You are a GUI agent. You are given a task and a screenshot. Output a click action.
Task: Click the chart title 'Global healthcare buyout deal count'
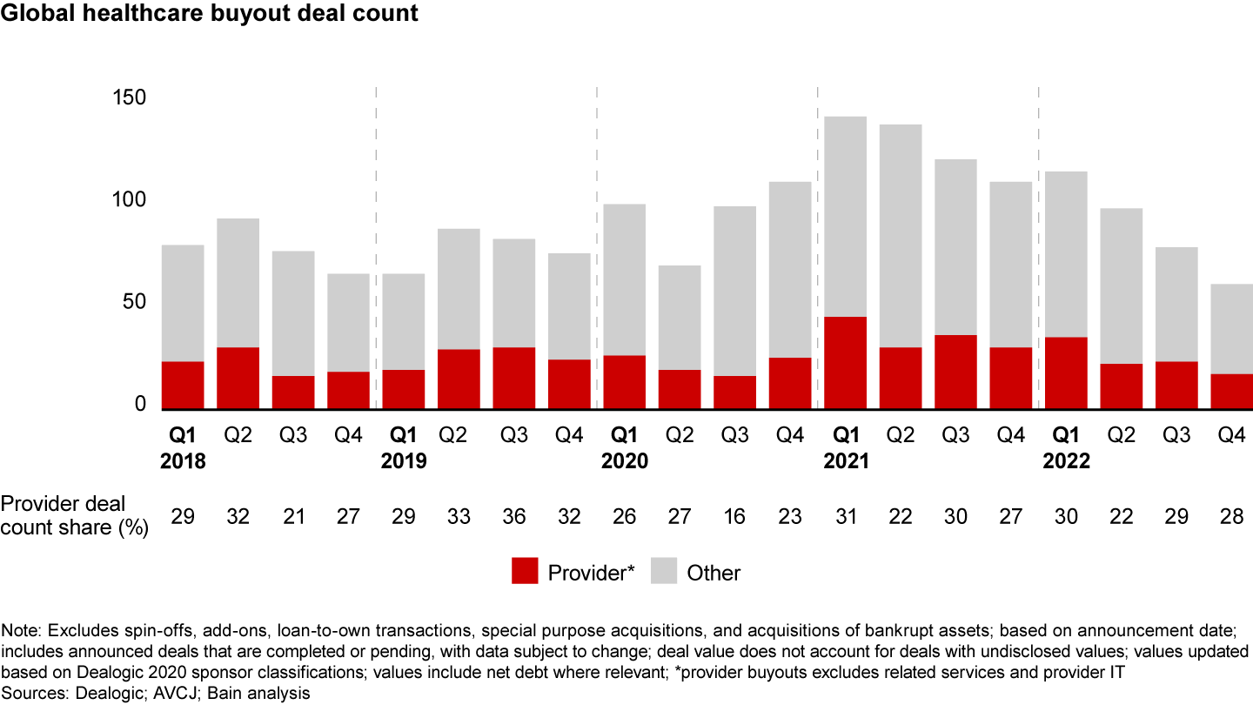pos(210,14)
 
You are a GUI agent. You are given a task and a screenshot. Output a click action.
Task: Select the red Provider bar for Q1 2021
pos(845,363)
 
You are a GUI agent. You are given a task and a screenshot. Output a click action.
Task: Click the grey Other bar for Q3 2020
pos(734,291)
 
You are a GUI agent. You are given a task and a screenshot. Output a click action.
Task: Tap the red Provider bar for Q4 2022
pos(1231,392)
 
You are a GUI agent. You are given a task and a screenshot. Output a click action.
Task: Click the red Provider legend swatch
pos(524,573)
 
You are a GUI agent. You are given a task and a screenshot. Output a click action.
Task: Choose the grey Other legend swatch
pos(663,573)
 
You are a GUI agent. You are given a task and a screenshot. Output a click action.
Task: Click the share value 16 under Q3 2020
pos(734,516)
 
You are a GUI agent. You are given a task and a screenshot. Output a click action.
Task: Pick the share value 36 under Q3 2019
pos(514,516)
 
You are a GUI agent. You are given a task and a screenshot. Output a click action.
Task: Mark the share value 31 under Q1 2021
pos(845,516)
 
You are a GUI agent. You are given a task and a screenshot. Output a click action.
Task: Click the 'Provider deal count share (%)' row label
pos(75,515)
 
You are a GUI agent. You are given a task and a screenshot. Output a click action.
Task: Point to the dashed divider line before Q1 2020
pos(596,244)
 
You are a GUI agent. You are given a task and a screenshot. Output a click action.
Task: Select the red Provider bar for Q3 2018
pos(293,393)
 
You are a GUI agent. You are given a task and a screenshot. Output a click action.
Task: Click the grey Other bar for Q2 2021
pos(901,236)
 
